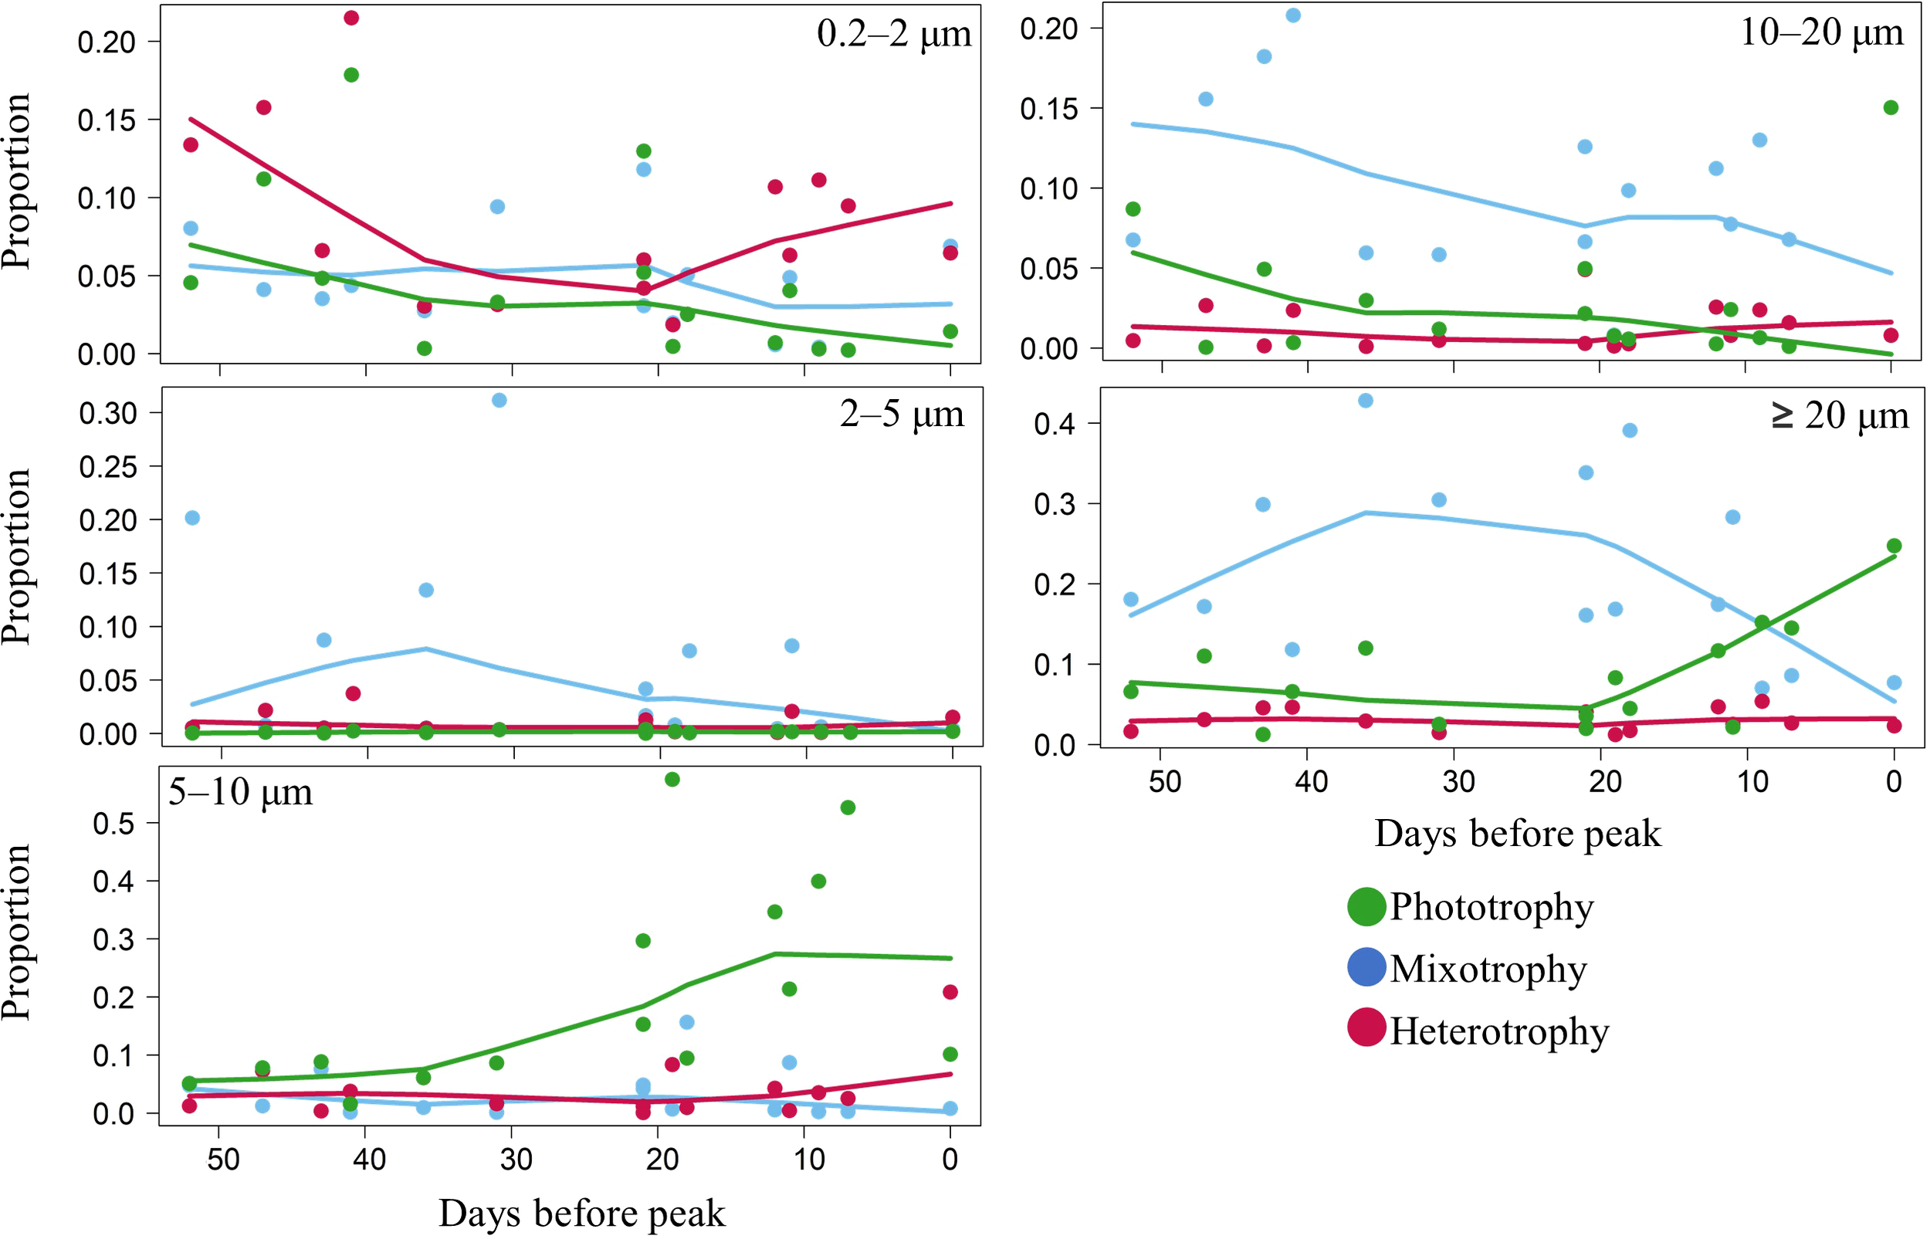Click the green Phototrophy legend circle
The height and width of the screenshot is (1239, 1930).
[1366, 907]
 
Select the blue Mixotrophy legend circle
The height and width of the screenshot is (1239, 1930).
[1366, 968]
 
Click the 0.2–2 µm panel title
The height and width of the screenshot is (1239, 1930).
[893, 35]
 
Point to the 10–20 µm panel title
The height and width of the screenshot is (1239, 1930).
[1820, 33]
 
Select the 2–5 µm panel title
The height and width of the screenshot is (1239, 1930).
[901, 415]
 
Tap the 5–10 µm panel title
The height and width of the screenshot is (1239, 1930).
[240, 793]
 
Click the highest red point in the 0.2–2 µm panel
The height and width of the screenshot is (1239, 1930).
[350, 18]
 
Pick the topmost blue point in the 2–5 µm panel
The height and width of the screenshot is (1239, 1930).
[499, 400]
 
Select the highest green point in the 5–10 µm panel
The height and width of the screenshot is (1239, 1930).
[672, 779]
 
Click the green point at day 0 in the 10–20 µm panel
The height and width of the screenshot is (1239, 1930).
[1891, 108]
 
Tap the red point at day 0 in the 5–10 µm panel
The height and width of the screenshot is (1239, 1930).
[950, 992]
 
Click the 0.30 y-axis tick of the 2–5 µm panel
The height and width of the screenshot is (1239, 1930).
[108, 414]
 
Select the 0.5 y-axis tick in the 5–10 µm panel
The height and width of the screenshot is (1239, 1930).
[113, 824]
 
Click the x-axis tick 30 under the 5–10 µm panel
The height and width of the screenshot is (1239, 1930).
[516, 1159]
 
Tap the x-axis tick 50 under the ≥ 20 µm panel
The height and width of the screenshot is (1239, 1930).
[1164, 781]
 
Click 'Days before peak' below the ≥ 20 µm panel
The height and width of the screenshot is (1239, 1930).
[1516, 834]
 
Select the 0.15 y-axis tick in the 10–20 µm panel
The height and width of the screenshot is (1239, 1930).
[1048, 109]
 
